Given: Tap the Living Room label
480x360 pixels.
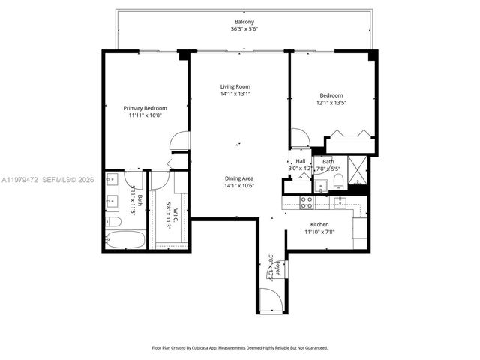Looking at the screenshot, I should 235,86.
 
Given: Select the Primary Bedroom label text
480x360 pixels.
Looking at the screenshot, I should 145,108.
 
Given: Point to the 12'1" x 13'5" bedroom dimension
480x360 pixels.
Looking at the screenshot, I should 331,103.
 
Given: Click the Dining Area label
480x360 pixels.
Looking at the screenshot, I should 239,178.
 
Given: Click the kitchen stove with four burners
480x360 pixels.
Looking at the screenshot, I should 307,202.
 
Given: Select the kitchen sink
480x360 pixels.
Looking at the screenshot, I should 340,202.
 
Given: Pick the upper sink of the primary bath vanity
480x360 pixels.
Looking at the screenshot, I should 112,179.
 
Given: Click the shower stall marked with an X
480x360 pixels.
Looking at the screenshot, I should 358,171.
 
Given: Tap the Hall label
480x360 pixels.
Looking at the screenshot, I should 300,160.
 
